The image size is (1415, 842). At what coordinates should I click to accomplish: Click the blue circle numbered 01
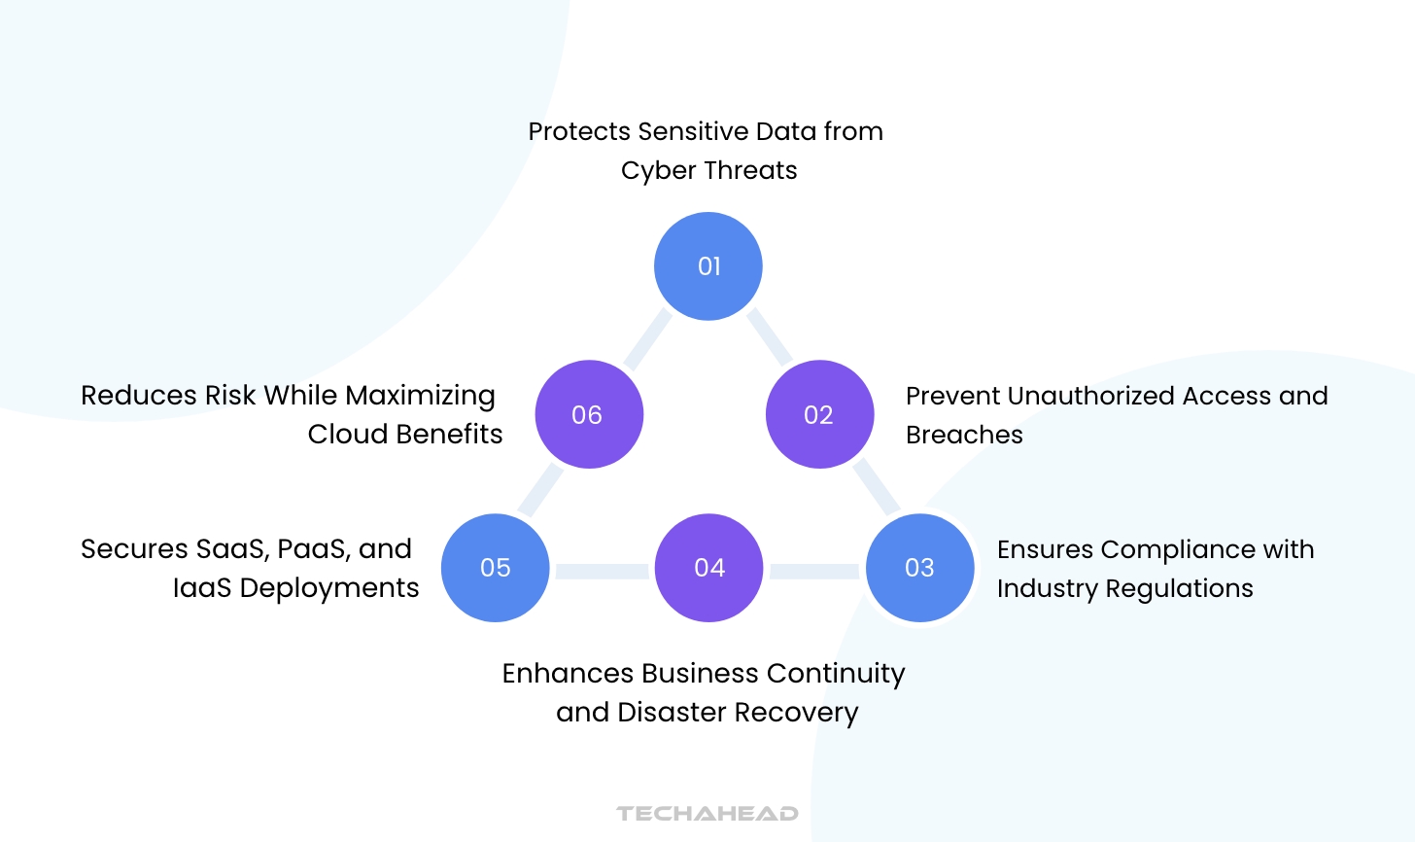click(708, 266)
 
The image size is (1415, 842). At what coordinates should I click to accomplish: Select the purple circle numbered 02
click(819, 415)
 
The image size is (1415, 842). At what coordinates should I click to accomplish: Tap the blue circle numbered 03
click(919, 568)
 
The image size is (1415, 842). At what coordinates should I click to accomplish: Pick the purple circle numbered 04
click(709, 568)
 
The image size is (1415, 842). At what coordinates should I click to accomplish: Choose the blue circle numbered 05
click(496, 568)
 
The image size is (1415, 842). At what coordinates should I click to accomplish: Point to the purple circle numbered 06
click(588, 415)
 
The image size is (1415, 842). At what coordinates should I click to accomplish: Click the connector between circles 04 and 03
click(814, 571)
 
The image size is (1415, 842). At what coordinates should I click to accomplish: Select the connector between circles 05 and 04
click(603, 571)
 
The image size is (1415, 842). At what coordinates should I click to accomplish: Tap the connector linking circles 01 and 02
click(769, 336)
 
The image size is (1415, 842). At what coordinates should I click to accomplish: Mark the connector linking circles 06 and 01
click(647, 339)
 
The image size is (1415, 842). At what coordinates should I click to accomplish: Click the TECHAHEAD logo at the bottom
click(707, 814)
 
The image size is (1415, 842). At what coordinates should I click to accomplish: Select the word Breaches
click(964, 435)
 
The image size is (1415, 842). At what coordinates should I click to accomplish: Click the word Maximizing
click(420, 396)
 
